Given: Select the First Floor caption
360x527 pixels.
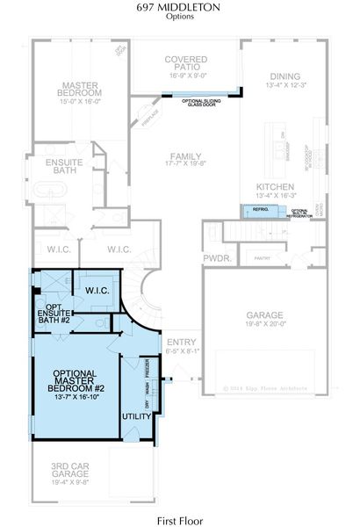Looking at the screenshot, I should [x=179, y=520].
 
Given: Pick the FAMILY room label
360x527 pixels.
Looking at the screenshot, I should [x=184, y=157].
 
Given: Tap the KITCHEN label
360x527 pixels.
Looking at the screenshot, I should [x=274, y=187].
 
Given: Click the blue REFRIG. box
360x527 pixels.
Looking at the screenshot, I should [x=261, y=211].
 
